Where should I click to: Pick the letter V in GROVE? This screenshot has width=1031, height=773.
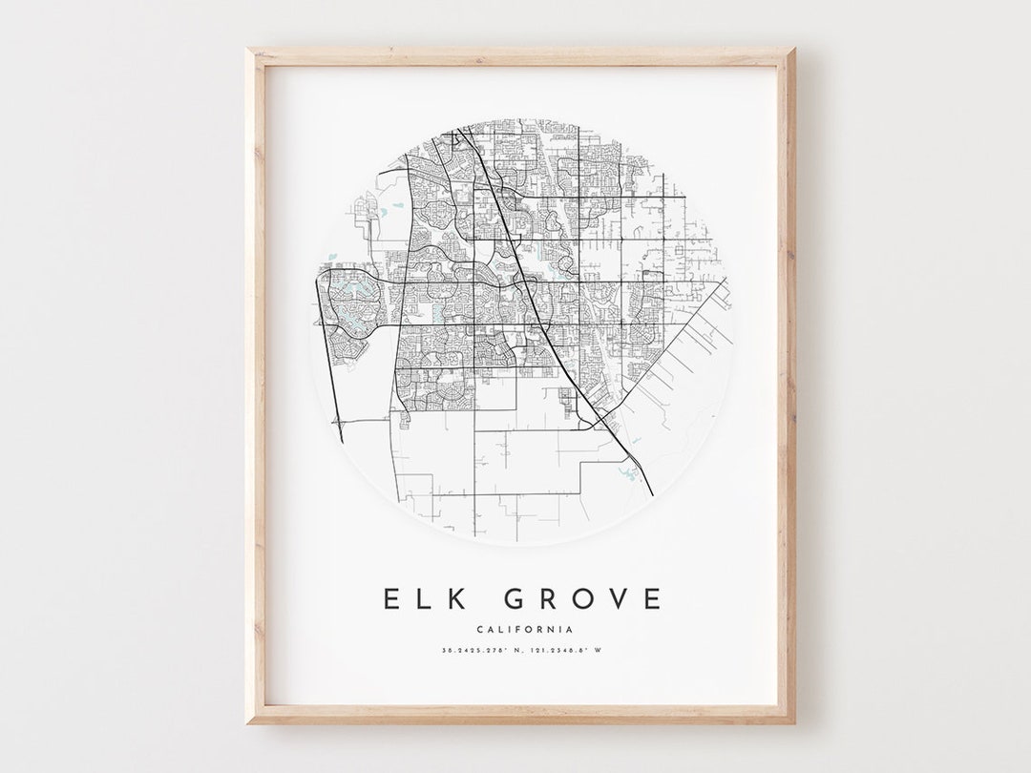point(617,598)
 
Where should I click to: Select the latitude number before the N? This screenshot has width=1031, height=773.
point(473,651)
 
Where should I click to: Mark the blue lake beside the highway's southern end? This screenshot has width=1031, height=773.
point(631,470)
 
